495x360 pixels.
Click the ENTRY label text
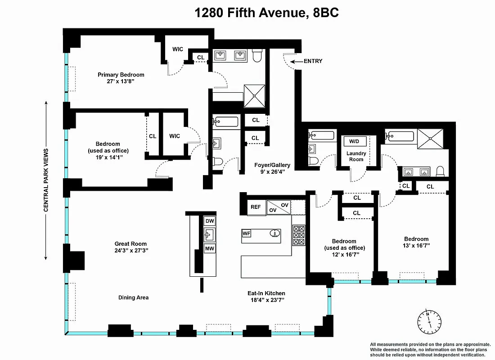click(313, 61)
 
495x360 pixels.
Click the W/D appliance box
click(355, 141)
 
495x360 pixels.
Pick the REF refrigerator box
click(256, 207)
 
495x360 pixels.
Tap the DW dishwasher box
click(210, 221)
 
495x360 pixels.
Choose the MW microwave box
click(210, 249)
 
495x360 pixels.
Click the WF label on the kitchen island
click(247, 234)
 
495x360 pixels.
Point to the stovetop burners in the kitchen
click(299, 235)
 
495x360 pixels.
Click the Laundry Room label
click(356, 156)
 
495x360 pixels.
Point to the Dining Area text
click(133, 297)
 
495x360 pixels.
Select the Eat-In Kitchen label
click(266, 293)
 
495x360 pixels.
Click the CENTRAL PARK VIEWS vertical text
click(46, 180)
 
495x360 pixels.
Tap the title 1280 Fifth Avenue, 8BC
click(266, 13)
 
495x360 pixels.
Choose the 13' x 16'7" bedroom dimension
click(416, 246)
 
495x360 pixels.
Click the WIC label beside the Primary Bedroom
click(178, 49)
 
